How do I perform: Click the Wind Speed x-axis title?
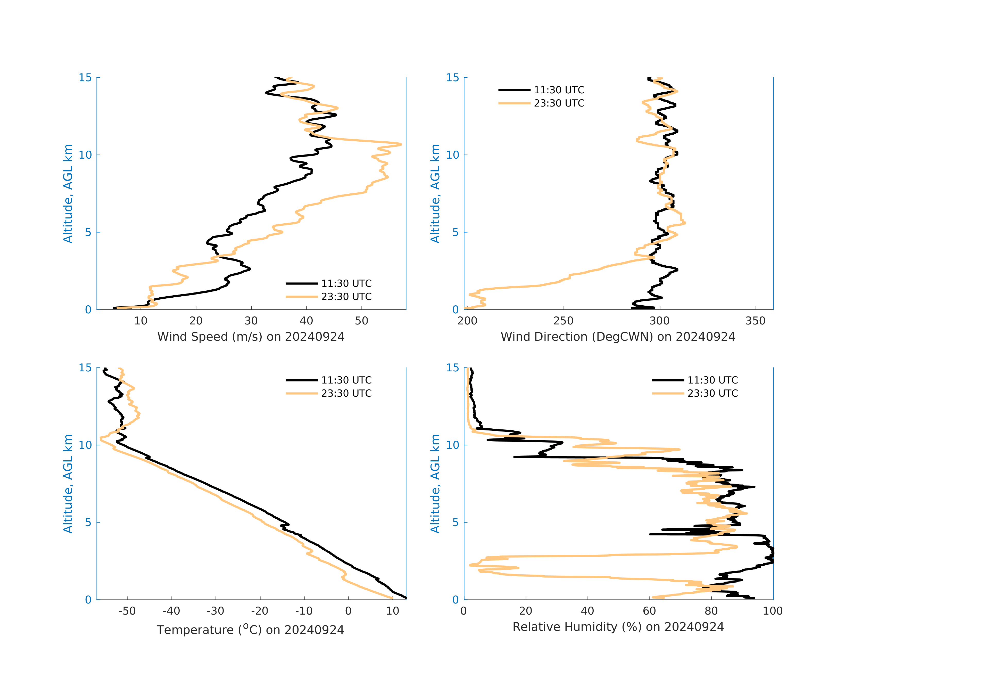point(251,337)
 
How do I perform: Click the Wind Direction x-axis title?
point(618,337)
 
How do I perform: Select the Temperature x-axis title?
point(250,630)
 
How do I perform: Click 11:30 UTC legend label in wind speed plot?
point(346,283)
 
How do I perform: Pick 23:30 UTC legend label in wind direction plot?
point(559,103)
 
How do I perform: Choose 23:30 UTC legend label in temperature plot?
point(346,394)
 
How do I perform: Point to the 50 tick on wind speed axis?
point(361,321)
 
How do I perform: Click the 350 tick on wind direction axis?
point(755,321)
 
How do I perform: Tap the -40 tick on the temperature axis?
point(171,611)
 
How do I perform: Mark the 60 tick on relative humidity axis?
point(649,611)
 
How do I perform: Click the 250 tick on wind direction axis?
point(564,321)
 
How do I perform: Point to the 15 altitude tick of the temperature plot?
point(85,368)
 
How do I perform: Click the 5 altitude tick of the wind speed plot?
point(88,232)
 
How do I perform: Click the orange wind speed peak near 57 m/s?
point(400,144)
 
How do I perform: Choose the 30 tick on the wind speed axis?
point(251,321)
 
